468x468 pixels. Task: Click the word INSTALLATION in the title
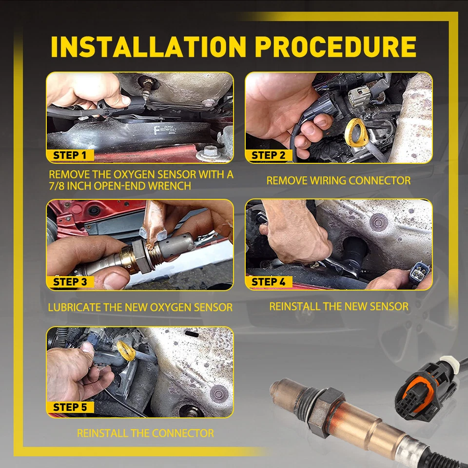click(x=148, y=47)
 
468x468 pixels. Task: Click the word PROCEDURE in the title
click(x=335, y=47)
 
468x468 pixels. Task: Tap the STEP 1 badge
click(x=70, y=155)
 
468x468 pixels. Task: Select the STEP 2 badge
click(x=268, y=155)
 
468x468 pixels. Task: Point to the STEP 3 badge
click(x=70, y=282)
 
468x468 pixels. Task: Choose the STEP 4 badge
click(x=268, y=282)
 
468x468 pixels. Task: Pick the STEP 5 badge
click(x=70, y=407)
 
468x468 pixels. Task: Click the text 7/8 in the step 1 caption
click(x=57, y=186)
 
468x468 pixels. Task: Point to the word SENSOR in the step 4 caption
click(x=389, y=307)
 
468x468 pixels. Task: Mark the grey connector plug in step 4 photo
click(x=420, y=273)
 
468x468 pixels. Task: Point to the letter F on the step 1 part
click(x=156, y=131)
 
